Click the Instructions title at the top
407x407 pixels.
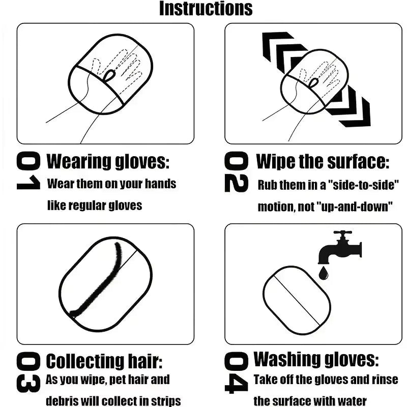(x=206, y=8)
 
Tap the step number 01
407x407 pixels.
(x=28, y=172)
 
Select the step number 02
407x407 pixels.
(x=237, y=173)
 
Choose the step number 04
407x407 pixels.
(x=237, y=374)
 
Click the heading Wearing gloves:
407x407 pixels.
(x=107, y=162)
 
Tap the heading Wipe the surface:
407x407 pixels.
(x=323, y=162)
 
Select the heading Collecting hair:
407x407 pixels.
(x=104, y=362)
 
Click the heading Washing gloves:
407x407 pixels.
(x=316, y=360)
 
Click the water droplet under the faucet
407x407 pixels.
(x=323, y=274)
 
